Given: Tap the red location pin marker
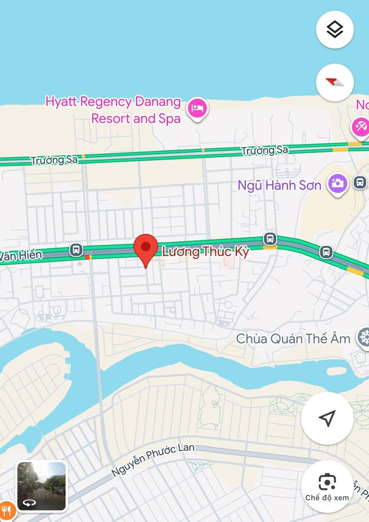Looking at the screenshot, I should tap(146, 247).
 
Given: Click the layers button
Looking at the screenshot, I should tap(335, 30).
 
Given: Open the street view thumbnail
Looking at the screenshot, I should tap(42, 486).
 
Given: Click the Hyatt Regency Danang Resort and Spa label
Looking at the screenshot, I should tap(113, 110).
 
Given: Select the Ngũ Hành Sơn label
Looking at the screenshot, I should tap(279, 185).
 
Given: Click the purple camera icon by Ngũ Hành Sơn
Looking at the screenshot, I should tap(338, 183).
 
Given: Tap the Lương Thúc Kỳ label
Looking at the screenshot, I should tap(205, 252).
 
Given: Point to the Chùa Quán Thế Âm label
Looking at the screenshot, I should tap(293, 339).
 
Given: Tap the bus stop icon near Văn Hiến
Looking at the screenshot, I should tap(76, 250).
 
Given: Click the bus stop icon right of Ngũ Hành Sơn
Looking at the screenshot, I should tap(360, 182).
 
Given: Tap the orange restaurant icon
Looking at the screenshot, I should tap(5, 510).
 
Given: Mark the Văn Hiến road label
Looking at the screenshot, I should tap(20, 256).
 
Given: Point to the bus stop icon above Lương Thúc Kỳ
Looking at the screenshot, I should tap(270, 239).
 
